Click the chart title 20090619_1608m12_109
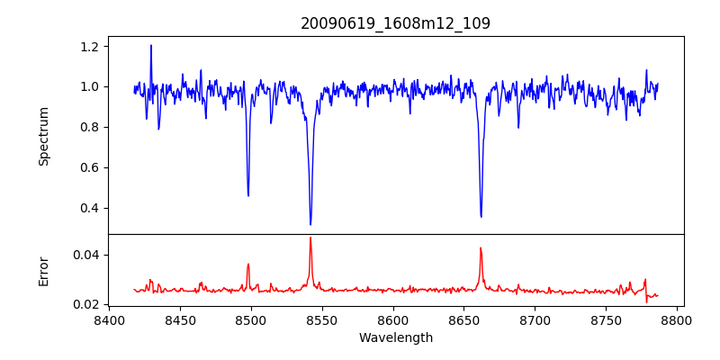coord(395,23)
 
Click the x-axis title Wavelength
coord(395,337)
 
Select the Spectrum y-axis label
coord(44,136)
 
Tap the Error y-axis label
coord(44,270)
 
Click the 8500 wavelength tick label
coord(251,319)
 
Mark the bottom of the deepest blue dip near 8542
coord(310,224)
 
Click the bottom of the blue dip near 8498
coord(248,195)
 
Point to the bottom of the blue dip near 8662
coord(481,216)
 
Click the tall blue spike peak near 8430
coord(151,45)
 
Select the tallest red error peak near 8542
coord(310,238)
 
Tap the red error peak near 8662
coord(481,247)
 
